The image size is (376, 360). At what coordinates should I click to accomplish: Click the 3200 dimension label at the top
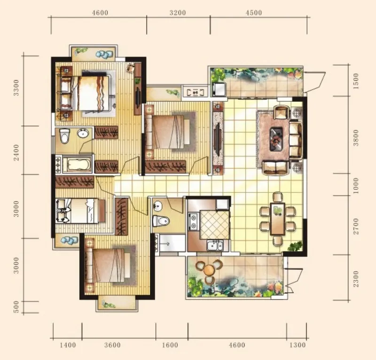(x=178, y=13)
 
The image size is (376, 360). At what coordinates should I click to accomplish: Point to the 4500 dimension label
(x=254, y=13)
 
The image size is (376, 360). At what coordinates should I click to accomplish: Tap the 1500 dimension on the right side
(x=356, y=81)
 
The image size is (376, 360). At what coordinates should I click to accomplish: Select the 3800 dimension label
(x=356, y=137)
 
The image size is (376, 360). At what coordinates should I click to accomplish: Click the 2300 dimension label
(x=356, y=279)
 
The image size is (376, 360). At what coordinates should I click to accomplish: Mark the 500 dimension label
(x=16, y=307)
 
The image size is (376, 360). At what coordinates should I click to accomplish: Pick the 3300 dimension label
(x=16, y=88)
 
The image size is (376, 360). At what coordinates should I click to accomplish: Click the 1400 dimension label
(x=68, y=345)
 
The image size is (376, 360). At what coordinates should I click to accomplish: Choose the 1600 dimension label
(x=170, y=345)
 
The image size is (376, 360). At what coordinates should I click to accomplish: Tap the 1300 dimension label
(x=298, y=345)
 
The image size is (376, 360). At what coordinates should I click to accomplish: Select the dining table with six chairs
(x=278, y=218)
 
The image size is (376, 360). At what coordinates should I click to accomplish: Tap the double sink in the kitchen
(x=215, y=246)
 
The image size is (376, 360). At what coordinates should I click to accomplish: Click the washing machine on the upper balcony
(x=219, y=89)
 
